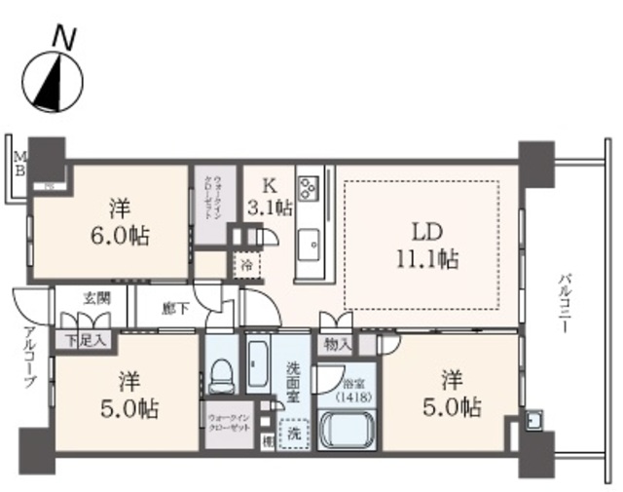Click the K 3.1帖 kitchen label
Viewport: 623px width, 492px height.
(269, 195)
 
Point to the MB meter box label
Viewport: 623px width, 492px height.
(18, 159)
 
